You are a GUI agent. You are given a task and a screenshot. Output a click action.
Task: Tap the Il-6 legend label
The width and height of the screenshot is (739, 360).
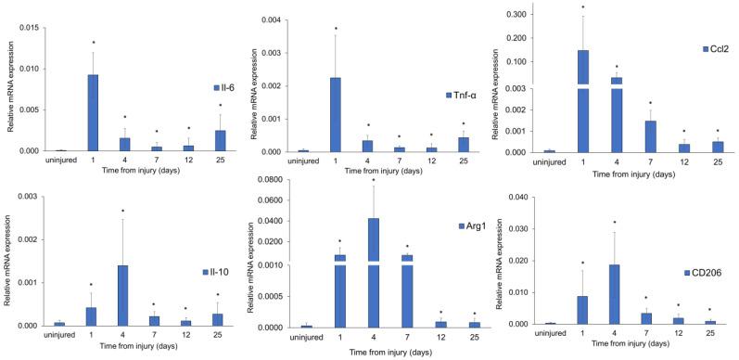(225, 88)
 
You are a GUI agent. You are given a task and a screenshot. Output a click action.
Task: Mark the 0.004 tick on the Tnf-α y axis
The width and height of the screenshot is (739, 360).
(274, 19)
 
